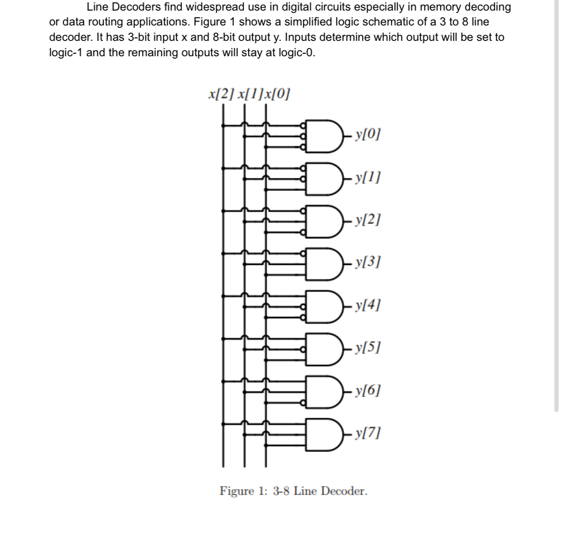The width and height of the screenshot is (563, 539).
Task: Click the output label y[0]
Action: point(367,135)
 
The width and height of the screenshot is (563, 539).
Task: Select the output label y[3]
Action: point(367,263)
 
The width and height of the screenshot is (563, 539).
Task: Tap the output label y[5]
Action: point(367,347)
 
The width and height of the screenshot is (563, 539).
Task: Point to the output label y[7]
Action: point(367,432)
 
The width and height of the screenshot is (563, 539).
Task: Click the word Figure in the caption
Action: point(236,491)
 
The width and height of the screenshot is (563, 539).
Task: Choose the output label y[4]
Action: point(367,305)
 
